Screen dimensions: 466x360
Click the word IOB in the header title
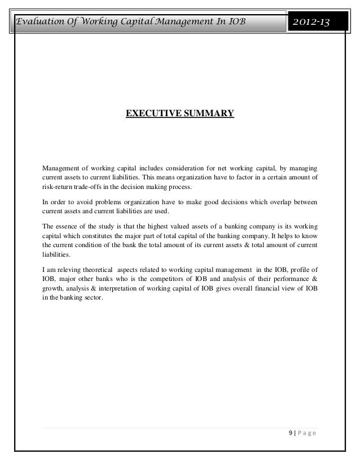tap(235, 21)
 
